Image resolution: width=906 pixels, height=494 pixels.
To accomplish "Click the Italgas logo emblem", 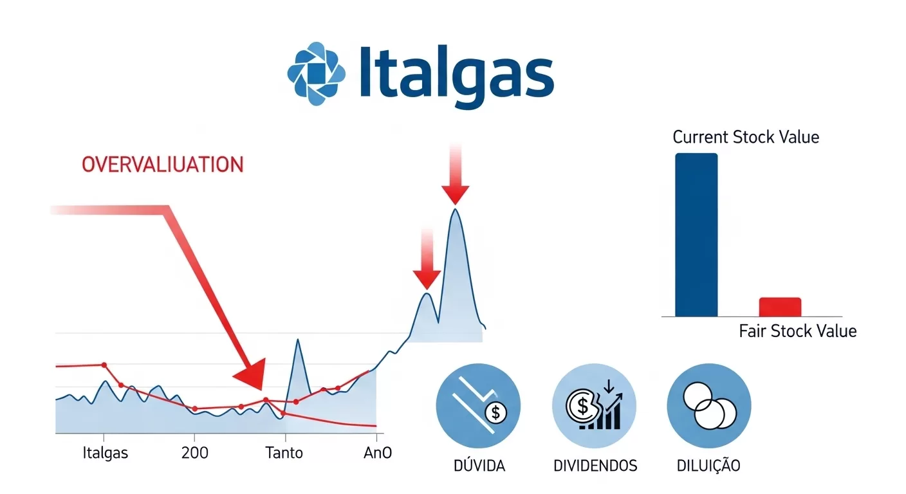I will [317, 73].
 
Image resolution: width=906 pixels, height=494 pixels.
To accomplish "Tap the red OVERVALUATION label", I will [162, 165].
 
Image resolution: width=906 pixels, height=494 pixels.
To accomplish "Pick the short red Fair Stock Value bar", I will [780, 307].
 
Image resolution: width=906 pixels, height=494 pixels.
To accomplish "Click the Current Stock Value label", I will [746, 137].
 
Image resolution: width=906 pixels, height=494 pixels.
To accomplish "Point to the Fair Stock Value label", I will [797, 331].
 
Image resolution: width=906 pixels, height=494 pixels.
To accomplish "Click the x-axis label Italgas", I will [106, 453].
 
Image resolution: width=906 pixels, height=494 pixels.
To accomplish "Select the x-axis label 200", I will [195, 453].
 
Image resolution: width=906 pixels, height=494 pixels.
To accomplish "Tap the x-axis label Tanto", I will [284, 453].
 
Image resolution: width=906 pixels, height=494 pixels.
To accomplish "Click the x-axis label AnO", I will [378, 453].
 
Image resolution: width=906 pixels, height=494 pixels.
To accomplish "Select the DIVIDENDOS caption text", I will [595, 466].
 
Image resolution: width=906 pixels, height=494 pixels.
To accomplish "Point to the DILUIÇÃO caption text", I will [708, 466].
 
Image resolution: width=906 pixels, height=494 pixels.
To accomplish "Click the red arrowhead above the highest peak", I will [456, 192].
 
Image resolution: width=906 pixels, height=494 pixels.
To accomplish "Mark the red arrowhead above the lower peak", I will [426, 279].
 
